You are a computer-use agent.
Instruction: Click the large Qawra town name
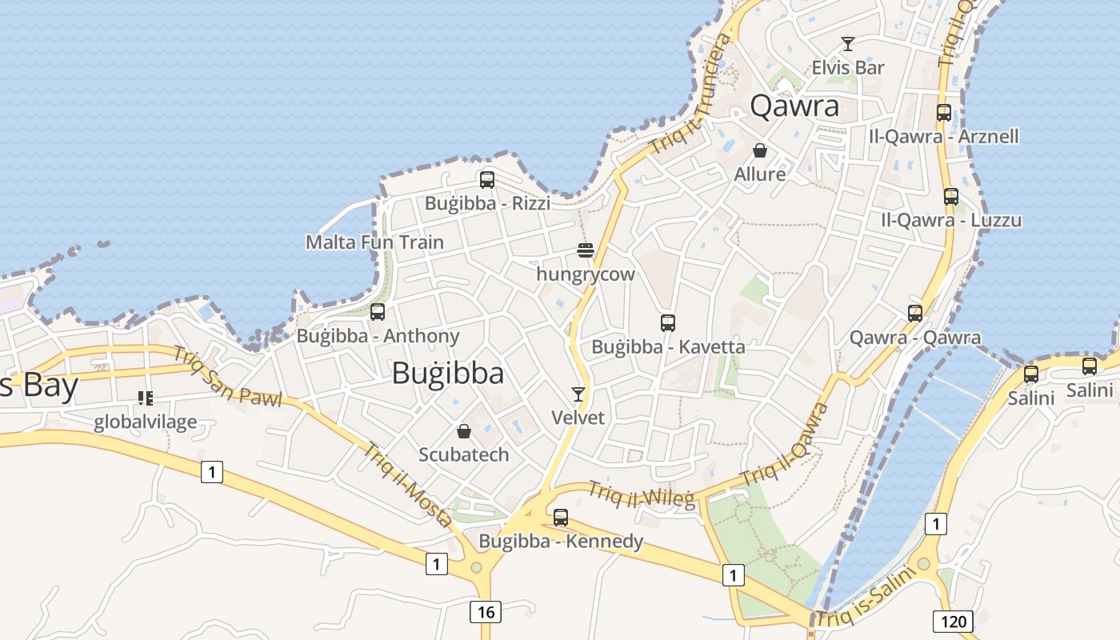(794, 106)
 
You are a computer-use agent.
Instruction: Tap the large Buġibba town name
(448, 374)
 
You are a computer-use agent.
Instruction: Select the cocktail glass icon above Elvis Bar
(848, 44)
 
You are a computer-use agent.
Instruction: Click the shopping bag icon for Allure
(760, 150)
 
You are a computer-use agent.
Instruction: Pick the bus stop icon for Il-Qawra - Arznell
(944, 113)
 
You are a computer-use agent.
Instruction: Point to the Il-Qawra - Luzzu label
(951, 220)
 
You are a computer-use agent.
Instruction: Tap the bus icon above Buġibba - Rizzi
(487, 180)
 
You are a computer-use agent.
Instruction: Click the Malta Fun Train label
(374, 242)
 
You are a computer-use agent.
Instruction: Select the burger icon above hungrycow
(586, 250)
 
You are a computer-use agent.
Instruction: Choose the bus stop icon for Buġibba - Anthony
(378, 312)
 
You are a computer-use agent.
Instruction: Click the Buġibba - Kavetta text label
(668, 347)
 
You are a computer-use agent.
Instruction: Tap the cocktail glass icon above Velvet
(578, 394)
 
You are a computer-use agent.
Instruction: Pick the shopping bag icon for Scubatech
(464, 432)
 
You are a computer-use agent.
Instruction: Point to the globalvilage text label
(145, 422)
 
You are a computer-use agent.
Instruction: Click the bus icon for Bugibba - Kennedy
(561, 518)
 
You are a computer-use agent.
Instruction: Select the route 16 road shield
(486, 613)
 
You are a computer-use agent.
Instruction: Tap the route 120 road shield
(952, 621)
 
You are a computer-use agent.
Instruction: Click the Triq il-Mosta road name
(408, 485)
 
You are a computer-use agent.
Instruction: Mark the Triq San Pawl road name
(228, 375)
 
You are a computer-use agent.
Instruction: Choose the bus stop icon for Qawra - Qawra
(915, 314)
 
